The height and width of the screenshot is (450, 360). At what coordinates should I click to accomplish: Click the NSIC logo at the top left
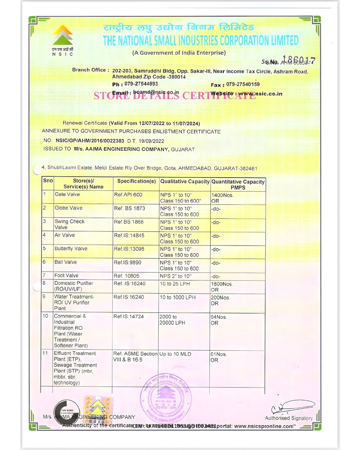(63, 39)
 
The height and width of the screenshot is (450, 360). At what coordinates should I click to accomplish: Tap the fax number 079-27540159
(243, 84)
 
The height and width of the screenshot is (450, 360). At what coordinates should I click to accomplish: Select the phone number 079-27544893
(141, 84)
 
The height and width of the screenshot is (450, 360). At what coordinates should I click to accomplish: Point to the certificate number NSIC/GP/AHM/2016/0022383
(90, 141)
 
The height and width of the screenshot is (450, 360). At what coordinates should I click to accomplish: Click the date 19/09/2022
(151, 141)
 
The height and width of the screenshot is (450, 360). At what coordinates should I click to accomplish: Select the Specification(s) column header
(136, 181)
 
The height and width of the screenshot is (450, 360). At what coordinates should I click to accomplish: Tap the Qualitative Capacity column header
(185, 182)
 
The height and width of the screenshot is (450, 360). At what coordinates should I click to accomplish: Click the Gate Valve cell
(67, 194)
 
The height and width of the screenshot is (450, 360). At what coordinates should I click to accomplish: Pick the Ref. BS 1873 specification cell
(130, 208)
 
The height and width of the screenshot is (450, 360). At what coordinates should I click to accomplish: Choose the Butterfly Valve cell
(71, 249)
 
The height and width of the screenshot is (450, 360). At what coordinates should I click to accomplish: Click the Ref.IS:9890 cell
(128, 263)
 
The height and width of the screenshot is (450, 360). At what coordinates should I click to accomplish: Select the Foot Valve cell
(66, 276)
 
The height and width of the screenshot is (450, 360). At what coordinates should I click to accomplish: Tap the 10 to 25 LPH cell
(175, 284)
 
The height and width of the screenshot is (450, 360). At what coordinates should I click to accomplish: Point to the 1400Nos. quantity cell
(222, 195)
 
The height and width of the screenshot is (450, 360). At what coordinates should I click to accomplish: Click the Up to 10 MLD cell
(175, 354)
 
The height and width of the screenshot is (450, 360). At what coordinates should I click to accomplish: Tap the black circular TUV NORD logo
(67, 412)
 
